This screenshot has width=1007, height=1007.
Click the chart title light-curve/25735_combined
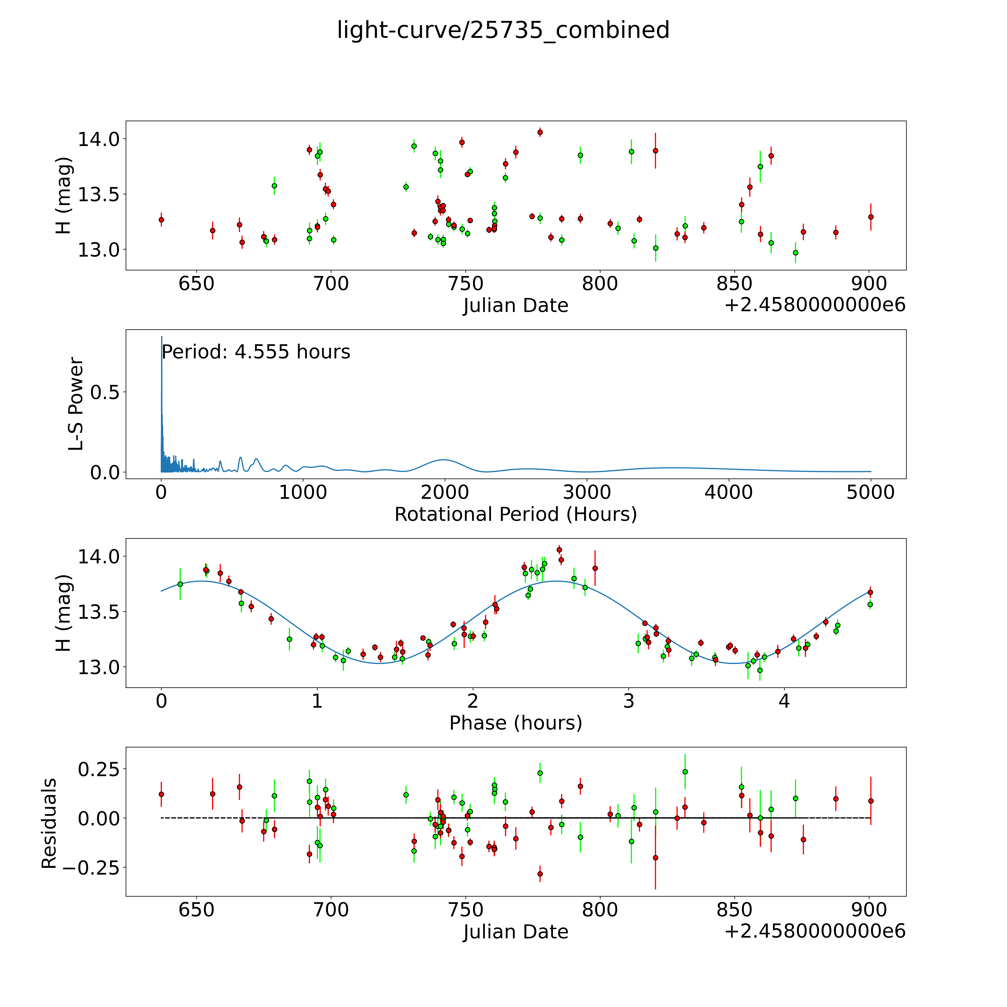(503, 30)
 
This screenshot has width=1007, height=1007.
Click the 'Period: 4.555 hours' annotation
(256, 352)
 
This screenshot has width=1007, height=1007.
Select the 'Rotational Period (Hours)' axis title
(515, 515)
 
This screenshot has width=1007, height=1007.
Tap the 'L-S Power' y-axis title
(76, 404)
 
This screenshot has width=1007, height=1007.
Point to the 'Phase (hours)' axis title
(515, 723)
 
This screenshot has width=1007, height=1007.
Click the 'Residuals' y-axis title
(49, 824)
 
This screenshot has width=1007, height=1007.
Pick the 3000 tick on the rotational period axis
(587, 492)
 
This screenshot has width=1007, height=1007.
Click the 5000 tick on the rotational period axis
(870, 492)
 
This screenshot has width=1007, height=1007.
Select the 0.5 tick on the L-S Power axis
(105, 393)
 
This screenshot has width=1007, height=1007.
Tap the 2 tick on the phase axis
(473, 701)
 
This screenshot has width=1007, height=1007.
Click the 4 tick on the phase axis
(785, 701)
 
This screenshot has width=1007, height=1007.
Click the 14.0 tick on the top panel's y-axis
(98, 139)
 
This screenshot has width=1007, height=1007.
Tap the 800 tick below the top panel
(600, 284)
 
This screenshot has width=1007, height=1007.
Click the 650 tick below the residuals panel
(197, 910)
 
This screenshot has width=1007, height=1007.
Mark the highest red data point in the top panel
(540, 132)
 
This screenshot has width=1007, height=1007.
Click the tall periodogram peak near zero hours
(161, 338)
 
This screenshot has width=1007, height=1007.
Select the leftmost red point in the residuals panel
(161, 794)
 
